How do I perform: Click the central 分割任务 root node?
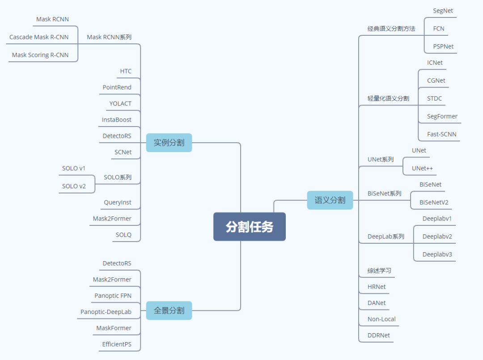point(249,227)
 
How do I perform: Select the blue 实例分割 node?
point(169,143)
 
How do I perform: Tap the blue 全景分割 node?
point(169,310)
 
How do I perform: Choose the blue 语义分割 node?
point(330,200)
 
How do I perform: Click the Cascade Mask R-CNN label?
point(39,37)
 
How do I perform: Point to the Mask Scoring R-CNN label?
point(40,55)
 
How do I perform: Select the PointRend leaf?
point(117,87)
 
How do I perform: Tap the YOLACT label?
point(120,103)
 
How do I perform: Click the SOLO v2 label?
point(74,186)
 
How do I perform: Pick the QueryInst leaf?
point(118,202)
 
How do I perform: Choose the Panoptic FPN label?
point(113,296)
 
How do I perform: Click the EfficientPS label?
point(117,344)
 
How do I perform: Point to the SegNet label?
point(443,11)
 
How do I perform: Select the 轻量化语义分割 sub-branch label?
point(388,98)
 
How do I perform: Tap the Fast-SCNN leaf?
point(441,134)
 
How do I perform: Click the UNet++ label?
point(422,168)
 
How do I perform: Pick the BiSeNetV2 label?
point(434,202)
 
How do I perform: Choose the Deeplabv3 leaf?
point(437,254)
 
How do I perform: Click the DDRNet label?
point(378,335)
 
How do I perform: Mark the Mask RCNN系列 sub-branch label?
point(109,37)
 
